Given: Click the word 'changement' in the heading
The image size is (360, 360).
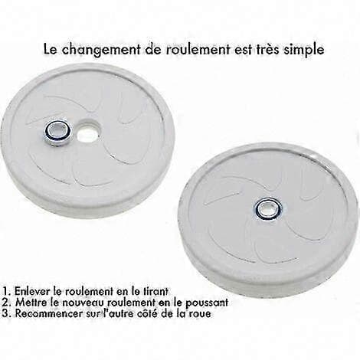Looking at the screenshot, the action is pos(100,50).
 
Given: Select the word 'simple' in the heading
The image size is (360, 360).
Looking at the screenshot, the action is pos(303,50).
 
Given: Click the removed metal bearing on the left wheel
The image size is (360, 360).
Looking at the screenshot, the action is pos(58,132).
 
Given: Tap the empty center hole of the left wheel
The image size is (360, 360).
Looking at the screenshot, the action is pos(89,132).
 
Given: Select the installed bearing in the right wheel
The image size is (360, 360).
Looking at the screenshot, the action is pos(269,210).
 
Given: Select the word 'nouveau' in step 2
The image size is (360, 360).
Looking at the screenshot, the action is pos(86,303).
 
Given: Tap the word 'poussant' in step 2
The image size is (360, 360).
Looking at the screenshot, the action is pos(207,303).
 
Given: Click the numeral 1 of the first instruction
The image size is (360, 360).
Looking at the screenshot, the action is pos(5,291).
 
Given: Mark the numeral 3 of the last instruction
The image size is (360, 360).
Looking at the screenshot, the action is pos(5,314).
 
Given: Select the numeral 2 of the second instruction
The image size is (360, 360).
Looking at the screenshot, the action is pos(5,303).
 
